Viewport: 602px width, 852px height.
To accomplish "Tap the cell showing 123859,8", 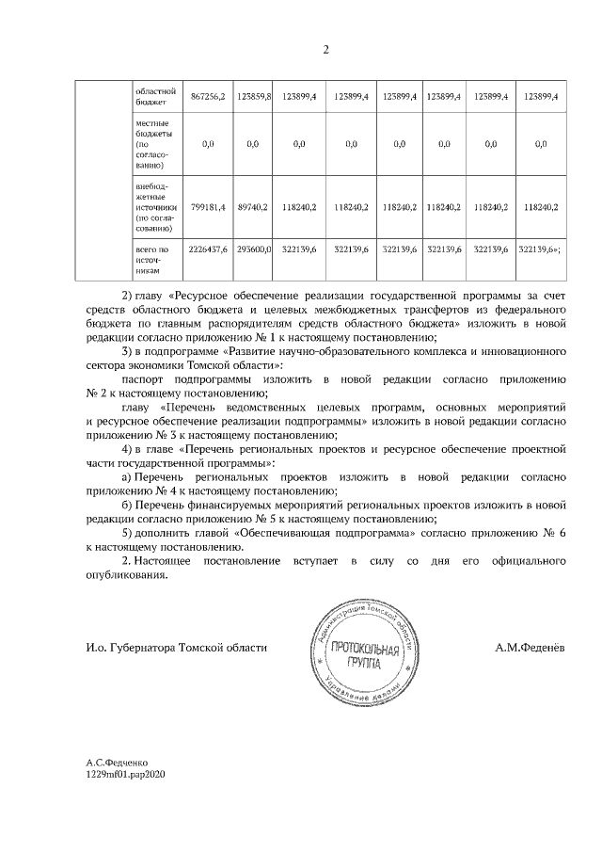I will click(253, 97).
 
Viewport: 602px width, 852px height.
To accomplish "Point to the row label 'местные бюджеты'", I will click(154, 143).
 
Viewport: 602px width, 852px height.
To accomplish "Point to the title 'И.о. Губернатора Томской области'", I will click(177, 648).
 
